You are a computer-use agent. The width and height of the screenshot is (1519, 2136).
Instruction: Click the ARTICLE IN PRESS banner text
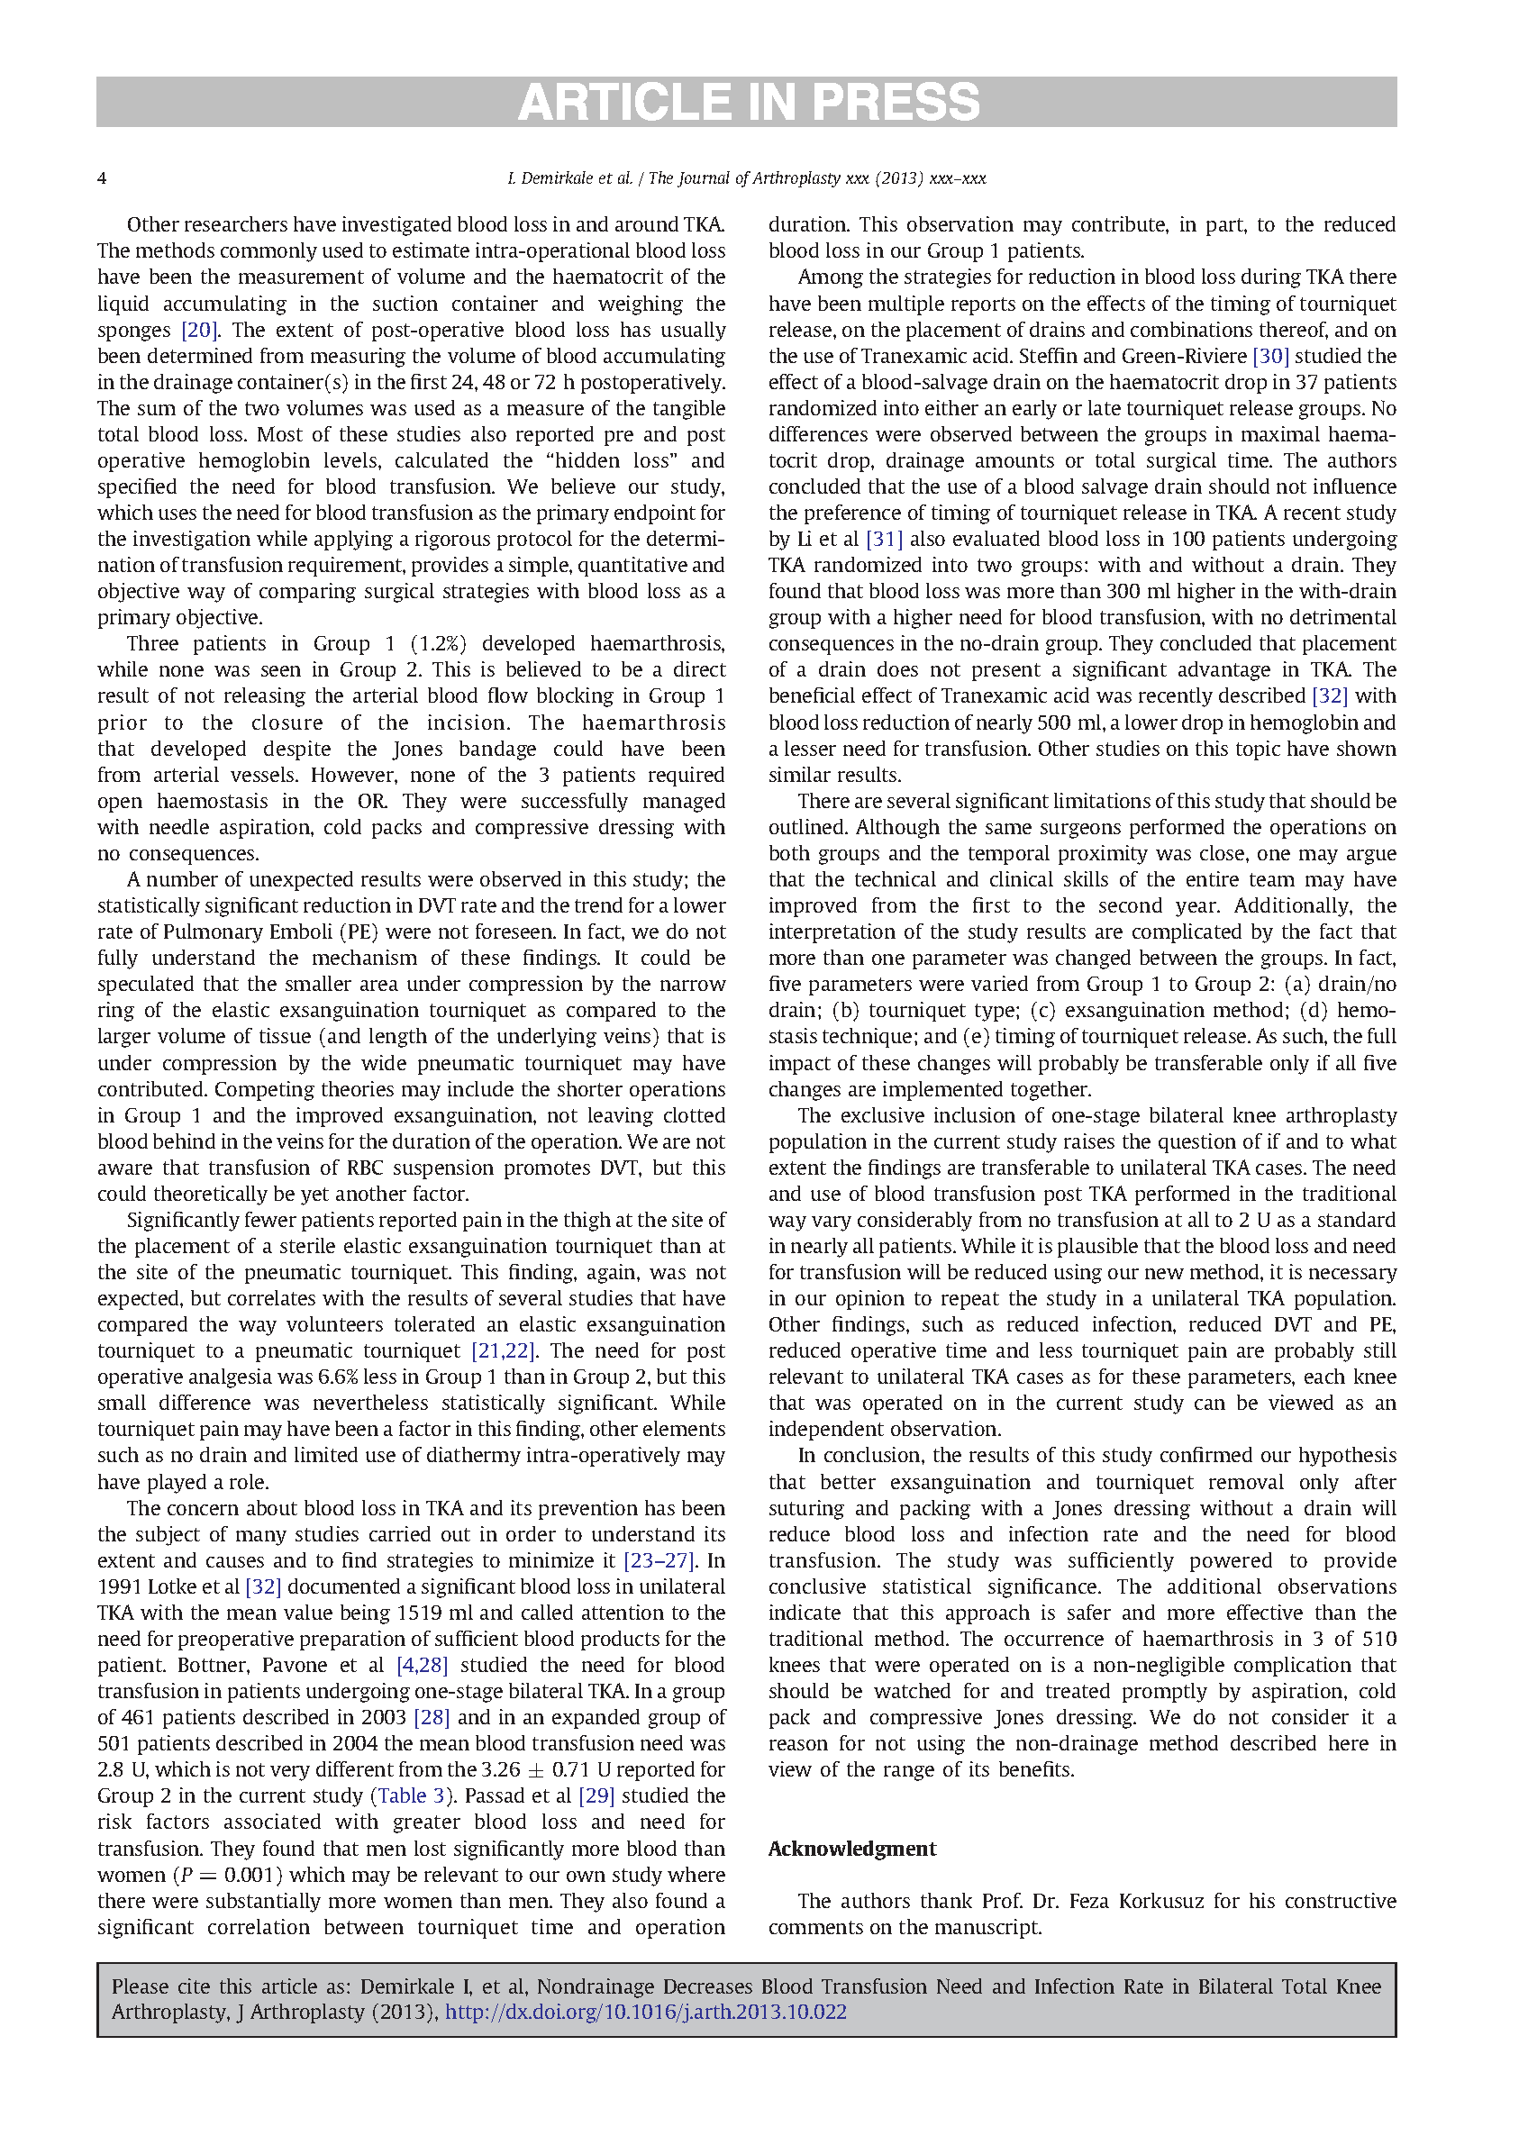(749, 102)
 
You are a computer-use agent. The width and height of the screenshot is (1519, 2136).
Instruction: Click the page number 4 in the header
(102, 178)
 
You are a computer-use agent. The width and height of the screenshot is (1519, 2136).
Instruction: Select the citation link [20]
(199, 330)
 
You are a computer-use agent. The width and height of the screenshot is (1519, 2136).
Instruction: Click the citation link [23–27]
(659, 1561)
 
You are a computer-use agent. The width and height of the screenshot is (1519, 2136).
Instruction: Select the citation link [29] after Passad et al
(596, 1796)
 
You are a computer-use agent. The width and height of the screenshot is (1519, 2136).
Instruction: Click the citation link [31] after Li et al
(884, 540)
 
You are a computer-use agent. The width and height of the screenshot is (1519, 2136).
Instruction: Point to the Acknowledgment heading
(851, 1849)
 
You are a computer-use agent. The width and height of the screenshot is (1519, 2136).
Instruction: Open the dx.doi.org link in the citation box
(645, 2012)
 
